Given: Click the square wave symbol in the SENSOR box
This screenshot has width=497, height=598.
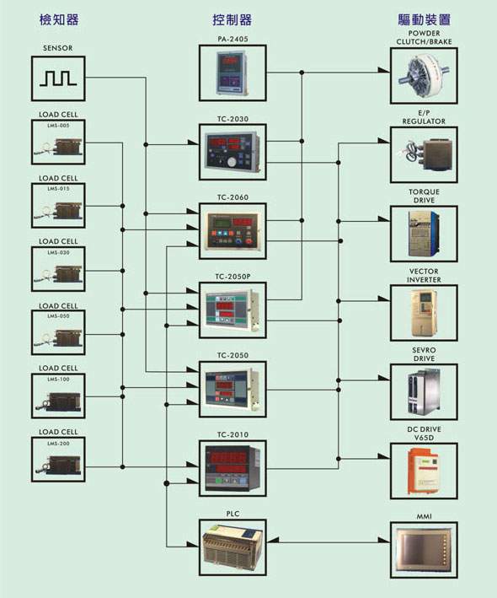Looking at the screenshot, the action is click(x=58, y=78).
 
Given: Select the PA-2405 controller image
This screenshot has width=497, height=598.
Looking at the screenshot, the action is click(x=232, y=73).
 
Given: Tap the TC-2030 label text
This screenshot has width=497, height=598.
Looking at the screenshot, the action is click(x=232, y=119).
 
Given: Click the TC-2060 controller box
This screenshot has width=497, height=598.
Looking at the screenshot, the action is click(x=232, y=231).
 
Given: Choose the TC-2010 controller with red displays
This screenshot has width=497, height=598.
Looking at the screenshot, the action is click(x=232, y=467).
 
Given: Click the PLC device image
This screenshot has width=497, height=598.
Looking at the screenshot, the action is click(x=232, y=547).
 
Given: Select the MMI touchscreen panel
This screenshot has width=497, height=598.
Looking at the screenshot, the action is click(x=424, y=550).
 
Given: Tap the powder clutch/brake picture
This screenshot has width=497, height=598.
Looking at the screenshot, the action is click(x=424, y=75).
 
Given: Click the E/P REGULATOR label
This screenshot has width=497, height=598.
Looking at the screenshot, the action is click(x=424, y=117).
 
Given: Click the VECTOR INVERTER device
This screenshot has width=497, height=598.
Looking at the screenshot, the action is click(x=424, y=313).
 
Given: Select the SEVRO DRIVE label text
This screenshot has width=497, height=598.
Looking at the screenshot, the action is click(x=424, y=354).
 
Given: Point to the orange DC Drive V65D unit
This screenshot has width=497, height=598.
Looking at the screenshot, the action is click(x=424, y=471).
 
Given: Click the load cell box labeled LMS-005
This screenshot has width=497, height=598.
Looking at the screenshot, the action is click(x=58, y=143).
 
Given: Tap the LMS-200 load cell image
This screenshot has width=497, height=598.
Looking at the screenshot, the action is click(x=58, y=463).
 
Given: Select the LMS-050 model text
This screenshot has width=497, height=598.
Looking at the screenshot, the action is click(x=58, y=315).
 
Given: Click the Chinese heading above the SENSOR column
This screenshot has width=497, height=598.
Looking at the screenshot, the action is click(x=59, y=19).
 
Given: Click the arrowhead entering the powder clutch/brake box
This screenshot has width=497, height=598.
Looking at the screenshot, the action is click(x=384, y=70).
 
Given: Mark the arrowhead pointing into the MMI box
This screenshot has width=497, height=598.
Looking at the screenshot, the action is click(x=384, y=540).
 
